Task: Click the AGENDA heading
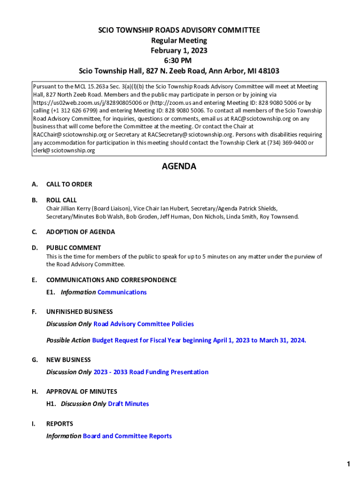pos(179,167)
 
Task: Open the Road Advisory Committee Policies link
pos(144,324)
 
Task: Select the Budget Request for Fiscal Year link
pos(199,341)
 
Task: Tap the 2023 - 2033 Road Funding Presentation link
pos(151,372)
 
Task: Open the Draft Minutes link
pos(128,404)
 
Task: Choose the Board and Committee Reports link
pos(127,436)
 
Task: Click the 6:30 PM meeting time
pos(179,61)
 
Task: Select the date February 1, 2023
pos(179,51)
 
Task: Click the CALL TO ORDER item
pos(69,184)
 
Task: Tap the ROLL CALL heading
pos(61,200)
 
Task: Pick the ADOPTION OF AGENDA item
pos(80,232)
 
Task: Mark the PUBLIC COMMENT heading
pos(73,248)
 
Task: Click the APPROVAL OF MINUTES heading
pos(81,392)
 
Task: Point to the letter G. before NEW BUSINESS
pos(35,360)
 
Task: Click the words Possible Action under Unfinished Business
pos(68,341)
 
